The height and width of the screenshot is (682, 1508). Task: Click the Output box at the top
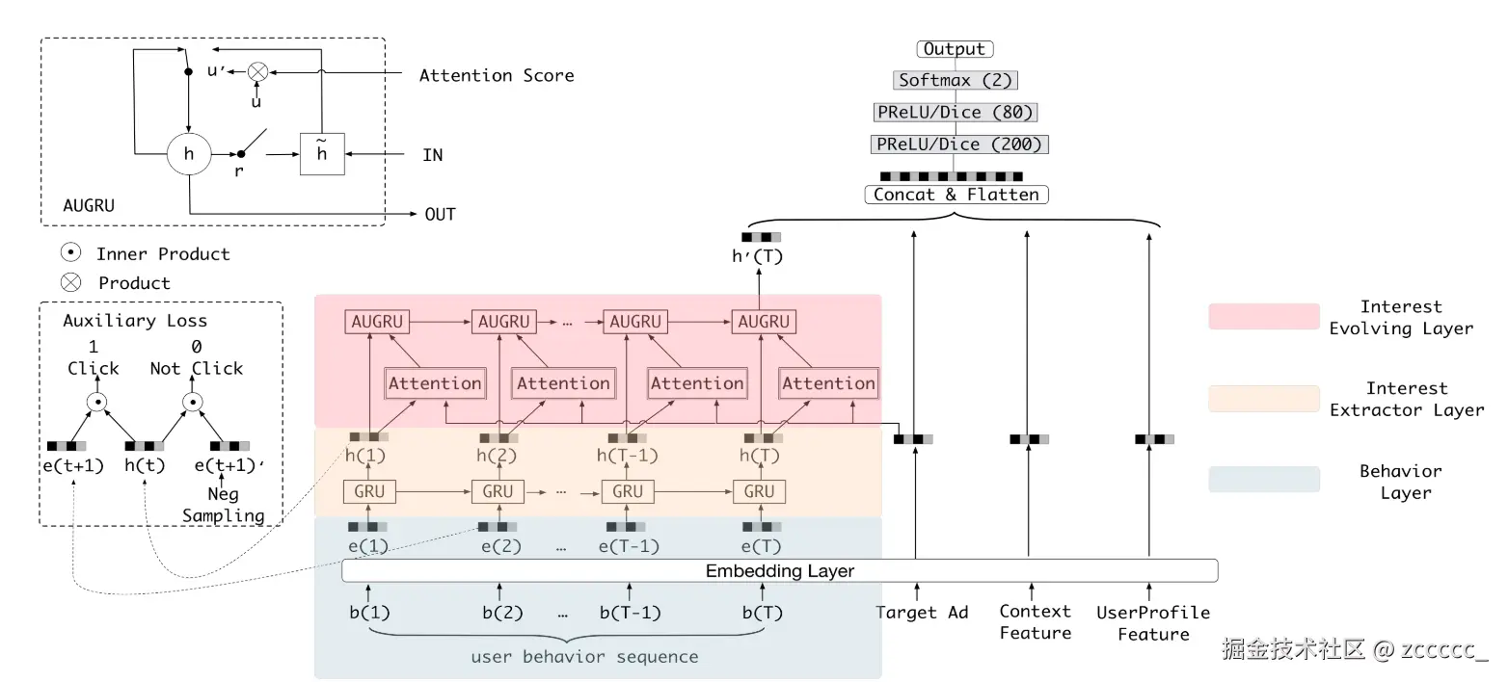[955, 49]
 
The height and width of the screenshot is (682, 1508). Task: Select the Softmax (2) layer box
[956, 80]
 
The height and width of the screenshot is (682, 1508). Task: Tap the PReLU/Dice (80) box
[956, 113]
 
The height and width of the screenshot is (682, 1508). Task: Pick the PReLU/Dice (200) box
[959, 144]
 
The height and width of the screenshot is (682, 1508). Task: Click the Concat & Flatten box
[956, 195]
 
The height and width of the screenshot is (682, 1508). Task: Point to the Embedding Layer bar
[780, 571]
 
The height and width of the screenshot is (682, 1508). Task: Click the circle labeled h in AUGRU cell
[189, 154]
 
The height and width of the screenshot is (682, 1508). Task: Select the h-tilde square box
[322, 154]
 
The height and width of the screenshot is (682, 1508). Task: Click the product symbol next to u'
[257, 72]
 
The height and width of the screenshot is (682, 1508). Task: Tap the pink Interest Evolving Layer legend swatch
[1264, 317]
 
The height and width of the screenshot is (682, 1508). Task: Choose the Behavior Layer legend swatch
[1264, 480]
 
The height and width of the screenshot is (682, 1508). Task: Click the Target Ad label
[922, 613]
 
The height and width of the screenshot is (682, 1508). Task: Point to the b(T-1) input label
[631, 613]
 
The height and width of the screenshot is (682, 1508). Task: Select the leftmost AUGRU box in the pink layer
[377, 322]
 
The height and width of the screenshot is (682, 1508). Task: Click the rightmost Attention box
[829, 383]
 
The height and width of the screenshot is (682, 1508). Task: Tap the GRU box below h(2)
[498, 491]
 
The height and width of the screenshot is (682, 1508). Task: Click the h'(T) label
[757, 256]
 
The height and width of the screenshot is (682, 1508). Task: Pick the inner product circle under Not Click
[193, 403]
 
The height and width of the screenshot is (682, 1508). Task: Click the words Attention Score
[497, 75]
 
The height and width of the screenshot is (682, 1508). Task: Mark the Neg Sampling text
[224, 505]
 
